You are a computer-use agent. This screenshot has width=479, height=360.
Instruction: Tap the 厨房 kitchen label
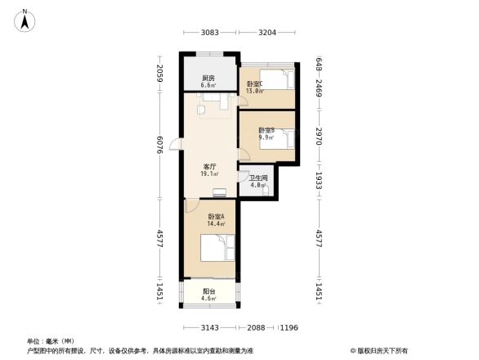pyautogui.click(x=208, y=78)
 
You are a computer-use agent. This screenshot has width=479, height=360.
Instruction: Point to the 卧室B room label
pyautogui.click(x=266, y=130)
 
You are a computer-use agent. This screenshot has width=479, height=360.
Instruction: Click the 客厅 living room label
pyautogui.click(x=209, y=166)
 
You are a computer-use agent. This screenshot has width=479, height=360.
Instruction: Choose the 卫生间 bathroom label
pyautogui.click(x=258, y=178)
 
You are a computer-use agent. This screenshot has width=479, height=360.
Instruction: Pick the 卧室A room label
pyautogui.click(x=204, y=216)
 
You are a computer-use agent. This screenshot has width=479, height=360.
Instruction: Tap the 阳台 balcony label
pyautogui.click(x=208, y=291)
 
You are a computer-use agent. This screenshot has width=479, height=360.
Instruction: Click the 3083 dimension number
pyautogui.click(x=210, y=33)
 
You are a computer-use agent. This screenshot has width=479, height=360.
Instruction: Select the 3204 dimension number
pyautogui.click(x=266, y=33)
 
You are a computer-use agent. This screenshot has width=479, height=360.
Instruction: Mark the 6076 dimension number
pyautogui.click(x=161, y=147)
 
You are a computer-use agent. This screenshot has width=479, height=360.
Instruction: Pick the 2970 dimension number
pyautogui.click(x=319, y=133)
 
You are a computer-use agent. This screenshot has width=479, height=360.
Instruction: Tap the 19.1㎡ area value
pyautogui.click(x=209, y=173)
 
